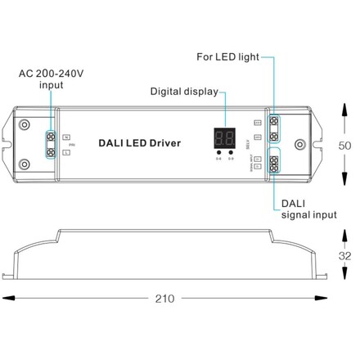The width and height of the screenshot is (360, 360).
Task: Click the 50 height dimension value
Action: coord(345,145)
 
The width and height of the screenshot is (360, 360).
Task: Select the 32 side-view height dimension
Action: coord(345,254)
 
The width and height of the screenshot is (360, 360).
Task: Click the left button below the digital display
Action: coord(218,151)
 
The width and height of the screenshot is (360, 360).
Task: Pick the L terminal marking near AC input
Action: coord(66,152)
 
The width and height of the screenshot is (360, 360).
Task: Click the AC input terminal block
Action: coord(52,143)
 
